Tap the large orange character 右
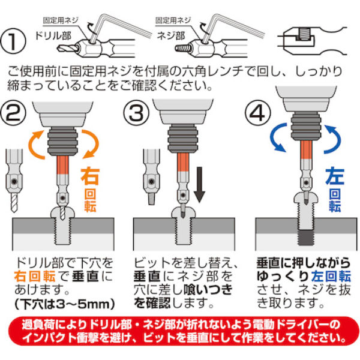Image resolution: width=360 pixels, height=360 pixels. [91, 178]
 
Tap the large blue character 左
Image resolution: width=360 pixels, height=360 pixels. [334, 178]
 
